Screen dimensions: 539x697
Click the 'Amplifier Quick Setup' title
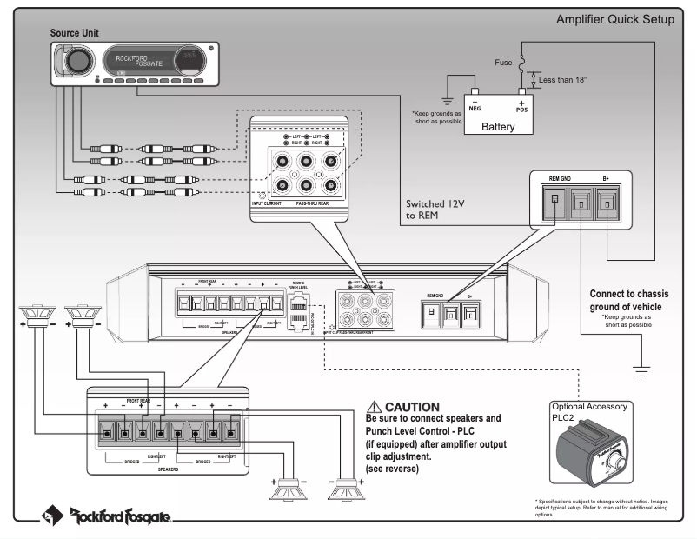point(614,19)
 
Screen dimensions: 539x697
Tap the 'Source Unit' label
point(78,32)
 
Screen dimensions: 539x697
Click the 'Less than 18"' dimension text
point(564,80)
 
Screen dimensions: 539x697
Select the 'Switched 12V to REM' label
point(437,209)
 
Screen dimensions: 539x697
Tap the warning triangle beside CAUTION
point(375,407)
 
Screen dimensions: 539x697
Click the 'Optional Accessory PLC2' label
point(590,411)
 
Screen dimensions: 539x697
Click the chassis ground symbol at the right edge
point(642,371)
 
